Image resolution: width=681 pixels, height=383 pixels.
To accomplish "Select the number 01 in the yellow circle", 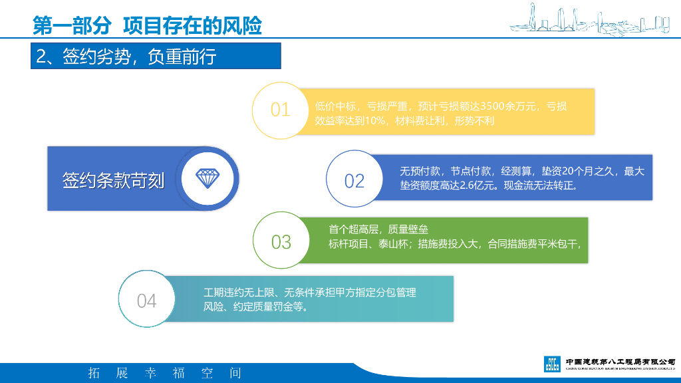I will coord(280,110).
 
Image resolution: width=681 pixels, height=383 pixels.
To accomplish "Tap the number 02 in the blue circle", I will coord(354,180).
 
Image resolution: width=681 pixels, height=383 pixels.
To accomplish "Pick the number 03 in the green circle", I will coord(281,242).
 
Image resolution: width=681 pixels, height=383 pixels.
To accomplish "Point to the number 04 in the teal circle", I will coord(146,301).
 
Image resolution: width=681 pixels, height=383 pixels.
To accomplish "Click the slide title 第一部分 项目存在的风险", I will coord(147,25).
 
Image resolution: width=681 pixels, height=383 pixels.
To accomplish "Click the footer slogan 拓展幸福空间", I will coord(165,373).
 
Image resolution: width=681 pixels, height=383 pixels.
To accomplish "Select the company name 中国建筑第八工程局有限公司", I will coord(620,360).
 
